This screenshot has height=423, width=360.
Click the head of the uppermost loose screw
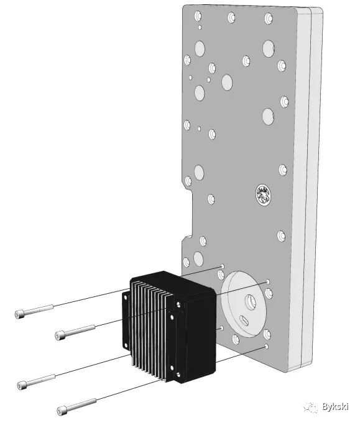pos(19,314)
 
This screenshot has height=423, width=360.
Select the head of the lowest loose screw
pos(62,411)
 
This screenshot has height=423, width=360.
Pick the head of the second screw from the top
pos(60,335)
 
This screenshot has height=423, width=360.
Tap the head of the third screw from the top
pos(22,385)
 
